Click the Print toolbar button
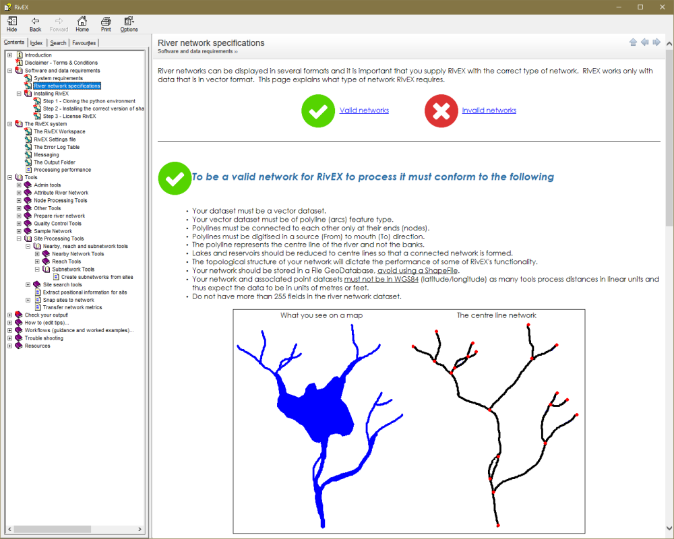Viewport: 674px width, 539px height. coord(106,24)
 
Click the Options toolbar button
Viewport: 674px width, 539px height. coord(129,24)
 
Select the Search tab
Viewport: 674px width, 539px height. coord(58,43)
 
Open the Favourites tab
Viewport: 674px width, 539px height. coord(84,43)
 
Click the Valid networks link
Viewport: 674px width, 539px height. coord(364,110)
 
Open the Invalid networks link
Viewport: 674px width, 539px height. coord(489,110)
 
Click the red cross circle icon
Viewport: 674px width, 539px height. coord(441,111)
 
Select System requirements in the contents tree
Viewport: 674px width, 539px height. coord(58,78)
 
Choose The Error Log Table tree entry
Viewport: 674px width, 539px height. coord(57,147)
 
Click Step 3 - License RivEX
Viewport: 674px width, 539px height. coord(69,116)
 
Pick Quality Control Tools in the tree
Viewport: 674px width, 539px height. coord(57,224)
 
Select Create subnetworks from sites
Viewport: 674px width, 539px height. coord(97,277)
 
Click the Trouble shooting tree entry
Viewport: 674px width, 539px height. coord(44,338)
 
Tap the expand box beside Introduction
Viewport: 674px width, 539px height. coord(10,55)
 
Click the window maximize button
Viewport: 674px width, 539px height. coord(640,7)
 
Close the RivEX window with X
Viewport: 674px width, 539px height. coord(663,7)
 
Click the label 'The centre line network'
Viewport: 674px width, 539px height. coord(497,315)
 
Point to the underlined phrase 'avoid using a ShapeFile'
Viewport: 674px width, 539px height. coord(417,271)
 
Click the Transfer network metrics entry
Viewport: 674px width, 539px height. coord(72,307)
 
